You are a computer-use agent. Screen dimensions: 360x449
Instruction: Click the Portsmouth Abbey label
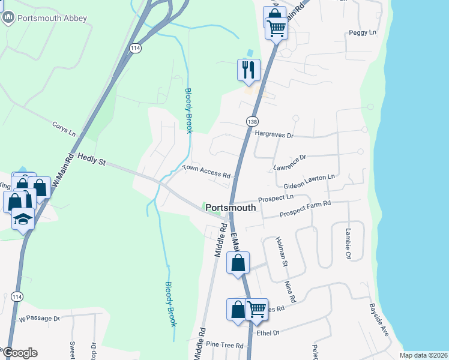[53, 18]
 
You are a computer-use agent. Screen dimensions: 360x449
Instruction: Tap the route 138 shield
[252, 121]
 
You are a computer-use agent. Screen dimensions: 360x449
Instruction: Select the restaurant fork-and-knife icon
[248, 70]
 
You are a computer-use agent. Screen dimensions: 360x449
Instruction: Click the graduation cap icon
[23, 219]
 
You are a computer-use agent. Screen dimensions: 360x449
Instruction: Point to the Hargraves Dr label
[274, 136]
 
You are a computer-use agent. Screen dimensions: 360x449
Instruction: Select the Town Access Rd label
[206, 172]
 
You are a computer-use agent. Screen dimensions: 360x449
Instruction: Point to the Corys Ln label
[64, 129]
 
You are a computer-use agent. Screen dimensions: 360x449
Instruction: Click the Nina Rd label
[292, 291]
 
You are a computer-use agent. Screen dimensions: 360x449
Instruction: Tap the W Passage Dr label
[40, 319]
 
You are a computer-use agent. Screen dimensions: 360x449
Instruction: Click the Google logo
[20, 353]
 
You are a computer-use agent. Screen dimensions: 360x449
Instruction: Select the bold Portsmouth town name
[231, 208]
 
